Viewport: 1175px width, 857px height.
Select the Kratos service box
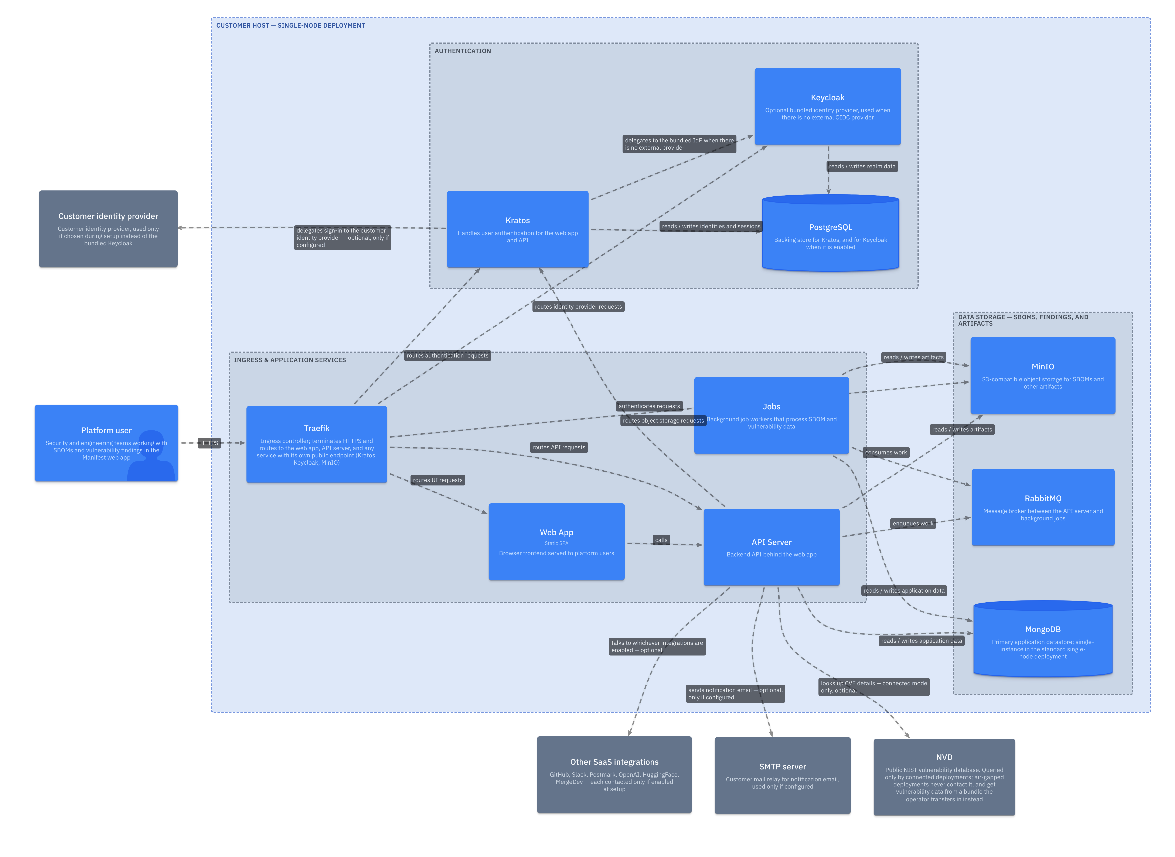pyautogui.click(x=518, y=229)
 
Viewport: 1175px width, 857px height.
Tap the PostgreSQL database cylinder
pyautogui.click(x=830, y=233)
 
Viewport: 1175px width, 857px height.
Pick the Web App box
pyautogui.click(x=556, y=542)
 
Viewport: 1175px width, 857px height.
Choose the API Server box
pyautogui.click(x=772, y=547)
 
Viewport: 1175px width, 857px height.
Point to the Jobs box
pyautogui.click(x=772, y=416)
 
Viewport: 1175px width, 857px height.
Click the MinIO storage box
pyautogui.click(x=1043, y=376)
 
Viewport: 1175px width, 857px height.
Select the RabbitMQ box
pyautogui.click(x=1043, y=507)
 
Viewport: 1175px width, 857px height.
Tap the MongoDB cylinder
pyautogui.click(x=1043, y=639)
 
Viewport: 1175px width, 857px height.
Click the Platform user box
pyautogui.click(x=106, y=443)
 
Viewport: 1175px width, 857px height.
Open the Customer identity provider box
pyautogui.click(x=108, y=229)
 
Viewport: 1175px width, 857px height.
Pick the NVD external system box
pyautogui.click(x=944, y=777)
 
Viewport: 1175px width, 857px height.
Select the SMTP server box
pyautogui.click(x=783, y=776)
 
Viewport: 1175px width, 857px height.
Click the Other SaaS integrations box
pyautogui.click(x=614, y=775)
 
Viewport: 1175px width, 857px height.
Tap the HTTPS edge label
pyautogui.click(x=210, y=443)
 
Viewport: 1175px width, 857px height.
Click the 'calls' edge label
pyautogui.click(x=661, y=540)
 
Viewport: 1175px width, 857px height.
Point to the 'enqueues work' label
pyautogui.click(x=913, y=524)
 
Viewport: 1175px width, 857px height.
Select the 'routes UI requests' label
pyautogui.click(x=438, y=480)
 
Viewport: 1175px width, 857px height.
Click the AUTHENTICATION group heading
pyautogui.click(x=463, y=51)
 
